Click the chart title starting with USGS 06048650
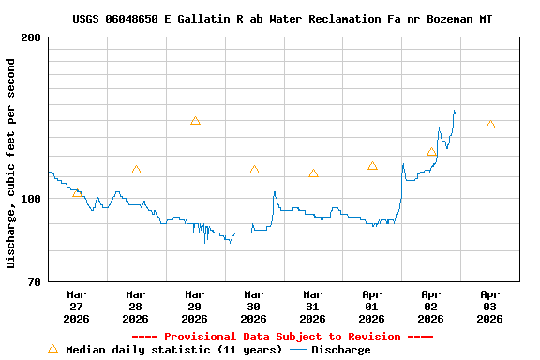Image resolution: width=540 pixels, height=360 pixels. pos(282,19)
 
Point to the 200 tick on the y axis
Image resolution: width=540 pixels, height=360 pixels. pos(31,37)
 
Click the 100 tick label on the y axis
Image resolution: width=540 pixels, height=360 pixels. pos(31,199)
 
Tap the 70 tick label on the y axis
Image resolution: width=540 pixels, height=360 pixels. pos(34,282)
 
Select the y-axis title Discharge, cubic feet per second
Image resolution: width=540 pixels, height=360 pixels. pos(11,163)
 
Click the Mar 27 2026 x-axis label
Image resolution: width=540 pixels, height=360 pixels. pos(77,306)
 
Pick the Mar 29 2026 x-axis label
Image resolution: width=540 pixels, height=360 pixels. pos(195,306)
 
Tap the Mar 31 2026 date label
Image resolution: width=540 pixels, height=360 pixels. pos(313,306)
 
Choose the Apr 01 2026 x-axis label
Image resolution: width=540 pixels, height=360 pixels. pos(372,306)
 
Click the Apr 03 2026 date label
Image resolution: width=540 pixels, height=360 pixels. pos(490,306)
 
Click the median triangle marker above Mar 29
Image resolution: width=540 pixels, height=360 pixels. pos(195,121)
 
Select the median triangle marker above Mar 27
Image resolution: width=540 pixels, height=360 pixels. pos(77,192)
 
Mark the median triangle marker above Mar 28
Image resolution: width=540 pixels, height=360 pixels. pos(136,170)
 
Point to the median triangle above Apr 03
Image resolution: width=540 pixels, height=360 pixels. pos(490,125)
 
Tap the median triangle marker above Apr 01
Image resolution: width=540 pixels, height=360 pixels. pos(372,166)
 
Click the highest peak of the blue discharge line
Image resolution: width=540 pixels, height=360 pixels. pos(454,111)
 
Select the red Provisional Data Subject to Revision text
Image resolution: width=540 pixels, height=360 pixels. pos(282,337)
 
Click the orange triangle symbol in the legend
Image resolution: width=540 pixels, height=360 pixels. pos(52,349)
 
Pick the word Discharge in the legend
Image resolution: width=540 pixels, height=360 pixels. pos(340,350)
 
